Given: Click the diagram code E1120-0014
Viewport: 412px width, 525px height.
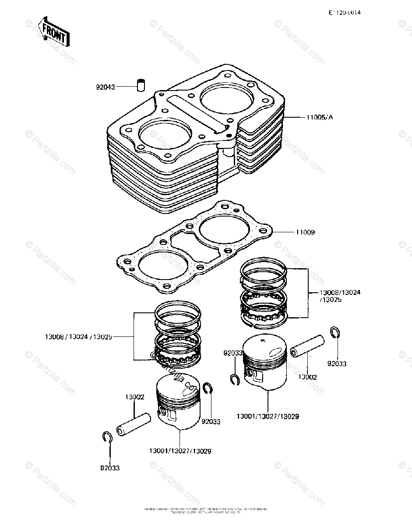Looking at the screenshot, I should tap(345, 13).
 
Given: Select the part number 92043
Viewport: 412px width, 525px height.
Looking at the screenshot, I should tap(105, 87).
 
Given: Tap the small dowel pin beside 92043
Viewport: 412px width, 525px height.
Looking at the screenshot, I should tap(141, 84).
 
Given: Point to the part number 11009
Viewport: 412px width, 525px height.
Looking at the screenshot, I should tap(305, 232).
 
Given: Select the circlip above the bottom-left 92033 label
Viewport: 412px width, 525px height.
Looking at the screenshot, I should tap(108, 437).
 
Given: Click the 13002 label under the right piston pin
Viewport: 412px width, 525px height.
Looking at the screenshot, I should tap(307, 377).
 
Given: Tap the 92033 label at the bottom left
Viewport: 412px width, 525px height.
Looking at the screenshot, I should tap(109, 468).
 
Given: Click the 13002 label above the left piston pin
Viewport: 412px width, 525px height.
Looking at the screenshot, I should tap(134, 397).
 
